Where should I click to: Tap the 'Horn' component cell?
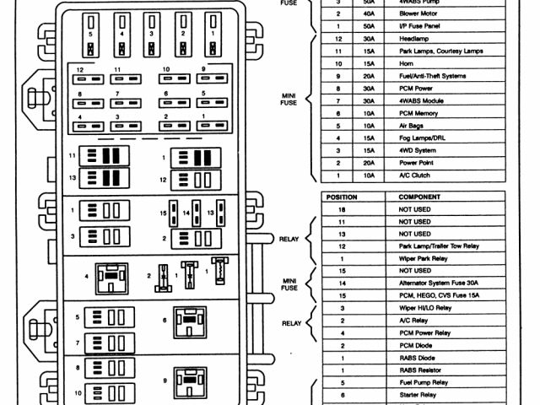point(408,63)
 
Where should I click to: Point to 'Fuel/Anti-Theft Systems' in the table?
point(432,75)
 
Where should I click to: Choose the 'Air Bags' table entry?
point(413,125)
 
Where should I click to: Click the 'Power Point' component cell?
point(416,162)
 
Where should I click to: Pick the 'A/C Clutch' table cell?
point(414,175)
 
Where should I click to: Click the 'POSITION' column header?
point(342,197)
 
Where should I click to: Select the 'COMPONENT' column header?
point(419,197)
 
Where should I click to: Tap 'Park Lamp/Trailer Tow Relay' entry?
point(439,246)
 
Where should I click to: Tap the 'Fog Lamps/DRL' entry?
point(420,138)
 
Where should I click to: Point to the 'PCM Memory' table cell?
point(418,112)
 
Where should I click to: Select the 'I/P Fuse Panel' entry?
point(420,25)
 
